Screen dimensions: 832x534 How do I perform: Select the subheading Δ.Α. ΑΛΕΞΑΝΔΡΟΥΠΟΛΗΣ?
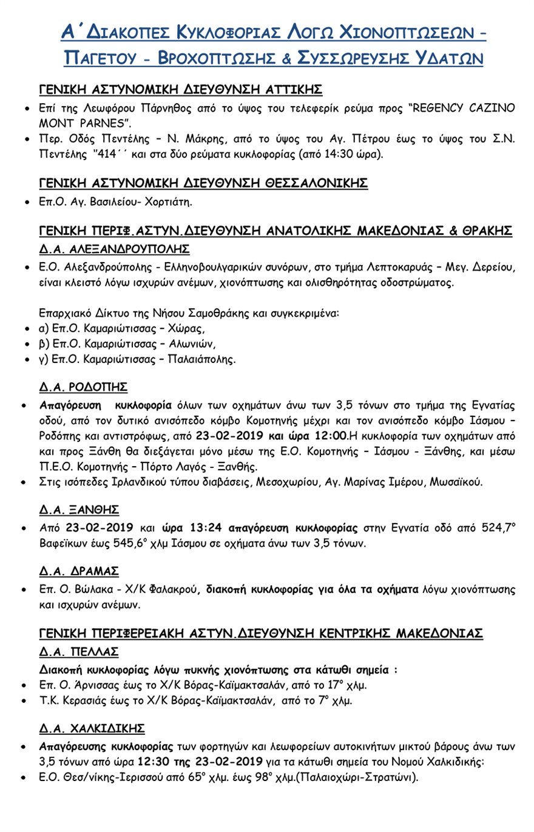(x=114, y=249)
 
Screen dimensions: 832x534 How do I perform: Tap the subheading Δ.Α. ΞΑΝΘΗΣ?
(x=79, y=509)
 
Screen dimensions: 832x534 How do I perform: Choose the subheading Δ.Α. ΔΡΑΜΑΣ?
(x=79, y=571)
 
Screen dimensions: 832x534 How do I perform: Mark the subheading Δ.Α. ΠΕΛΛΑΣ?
(x=79, y=652)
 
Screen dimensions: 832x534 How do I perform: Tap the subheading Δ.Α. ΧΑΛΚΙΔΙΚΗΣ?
(x=92, y=728)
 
